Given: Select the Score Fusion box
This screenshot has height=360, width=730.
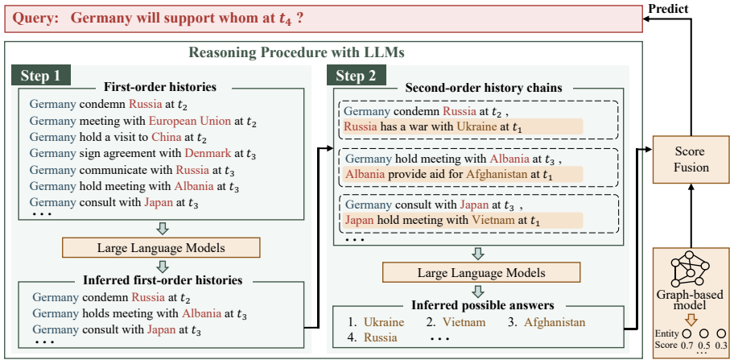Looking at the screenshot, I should pos(680,160).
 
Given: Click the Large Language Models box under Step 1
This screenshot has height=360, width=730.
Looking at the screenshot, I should pos(161,246).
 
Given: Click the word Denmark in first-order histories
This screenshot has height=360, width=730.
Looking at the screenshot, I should pos(207,154).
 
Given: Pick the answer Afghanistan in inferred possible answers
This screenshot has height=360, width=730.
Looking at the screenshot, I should pos(554,322).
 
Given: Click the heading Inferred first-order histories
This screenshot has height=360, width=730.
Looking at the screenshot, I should pos(161,281).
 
